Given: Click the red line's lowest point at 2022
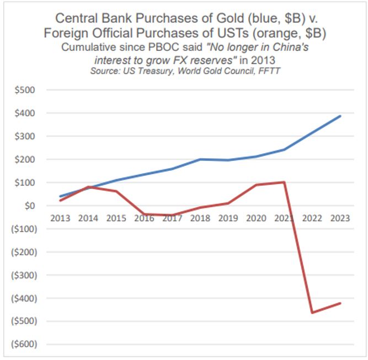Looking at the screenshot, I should click(x=312, y=313).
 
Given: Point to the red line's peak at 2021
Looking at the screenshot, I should click(x=284, y=182).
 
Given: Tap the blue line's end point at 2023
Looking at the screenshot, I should click(x=340, y=116).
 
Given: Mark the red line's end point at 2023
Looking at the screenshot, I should click(x=340, y=303).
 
